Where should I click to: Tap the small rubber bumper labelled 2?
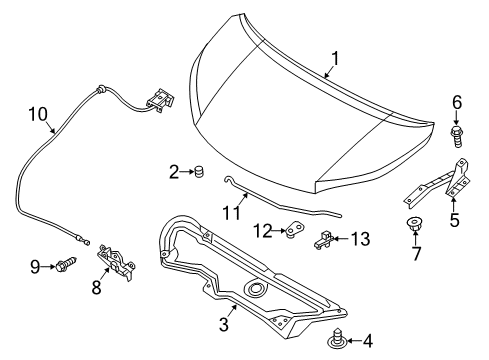(x=198, y=173)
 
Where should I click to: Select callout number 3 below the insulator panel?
(x=224, y=325)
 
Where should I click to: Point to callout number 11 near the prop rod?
(x=233, y=212)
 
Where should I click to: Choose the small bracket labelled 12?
(x=294, y=232)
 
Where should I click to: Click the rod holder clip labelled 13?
(x=325, y=237)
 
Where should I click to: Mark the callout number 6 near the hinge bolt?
(x=456, y=102)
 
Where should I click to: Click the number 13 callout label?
(x=360, y=238)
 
